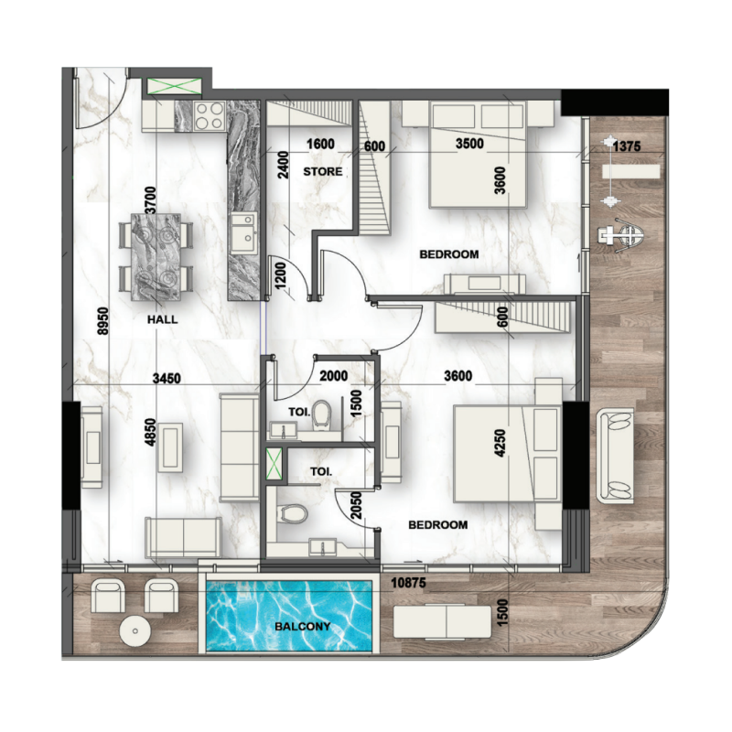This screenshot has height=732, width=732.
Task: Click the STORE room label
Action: tap(323, 171)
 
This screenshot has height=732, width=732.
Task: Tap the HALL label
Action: tap(161, 320)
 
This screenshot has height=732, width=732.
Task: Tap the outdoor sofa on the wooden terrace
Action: tap(615, 456)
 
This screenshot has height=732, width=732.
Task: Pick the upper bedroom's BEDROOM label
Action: tap(448, 254)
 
